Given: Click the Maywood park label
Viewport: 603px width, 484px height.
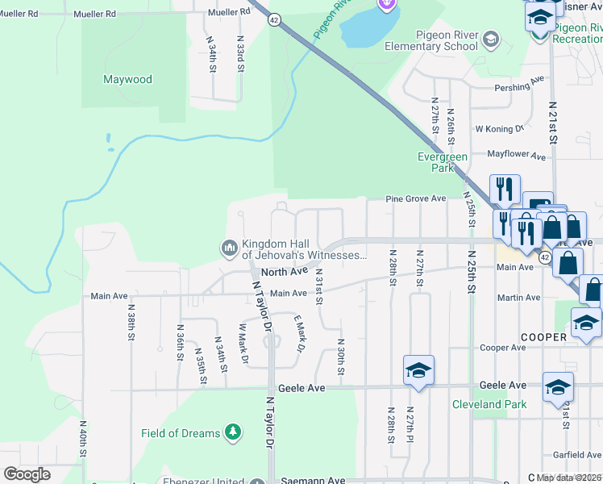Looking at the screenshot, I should pyautogui.click(x=127, y=80).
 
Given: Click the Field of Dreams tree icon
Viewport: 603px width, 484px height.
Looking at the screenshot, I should pyautogui.click(x=233, y=433).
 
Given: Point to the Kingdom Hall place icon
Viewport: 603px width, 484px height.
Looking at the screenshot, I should pyautogui.click(x=229, y=247).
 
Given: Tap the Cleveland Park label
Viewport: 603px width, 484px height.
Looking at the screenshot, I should pyautogui.click(x=489, y=404).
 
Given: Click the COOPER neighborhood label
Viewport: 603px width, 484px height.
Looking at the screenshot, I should pyautogui.click(x=543, y=336).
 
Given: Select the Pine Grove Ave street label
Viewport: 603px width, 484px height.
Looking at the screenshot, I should pyautogui.click(x=415, y=198).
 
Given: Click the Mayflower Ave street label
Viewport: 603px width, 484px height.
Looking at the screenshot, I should pyautogui.click(x=513, y=152).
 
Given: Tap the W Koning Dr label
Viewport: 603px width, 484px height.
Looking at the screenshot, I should pyautogui.click(x=500, y=128).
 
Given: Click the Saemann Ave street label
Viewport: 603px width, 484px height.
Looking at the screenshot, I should pyautogui.click(x=314, y=481).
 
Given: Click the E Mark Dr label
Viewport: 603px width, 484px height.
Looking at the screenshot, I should pyautogui.click(x=298, y=334).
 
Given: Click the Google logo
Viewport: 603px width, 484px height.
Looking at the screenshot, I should pyautogui.click(x=27, y=474).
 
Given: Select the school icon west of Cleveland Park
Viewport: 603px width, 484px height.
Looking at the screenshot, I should pyautogui.click(x=418, y=370).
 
